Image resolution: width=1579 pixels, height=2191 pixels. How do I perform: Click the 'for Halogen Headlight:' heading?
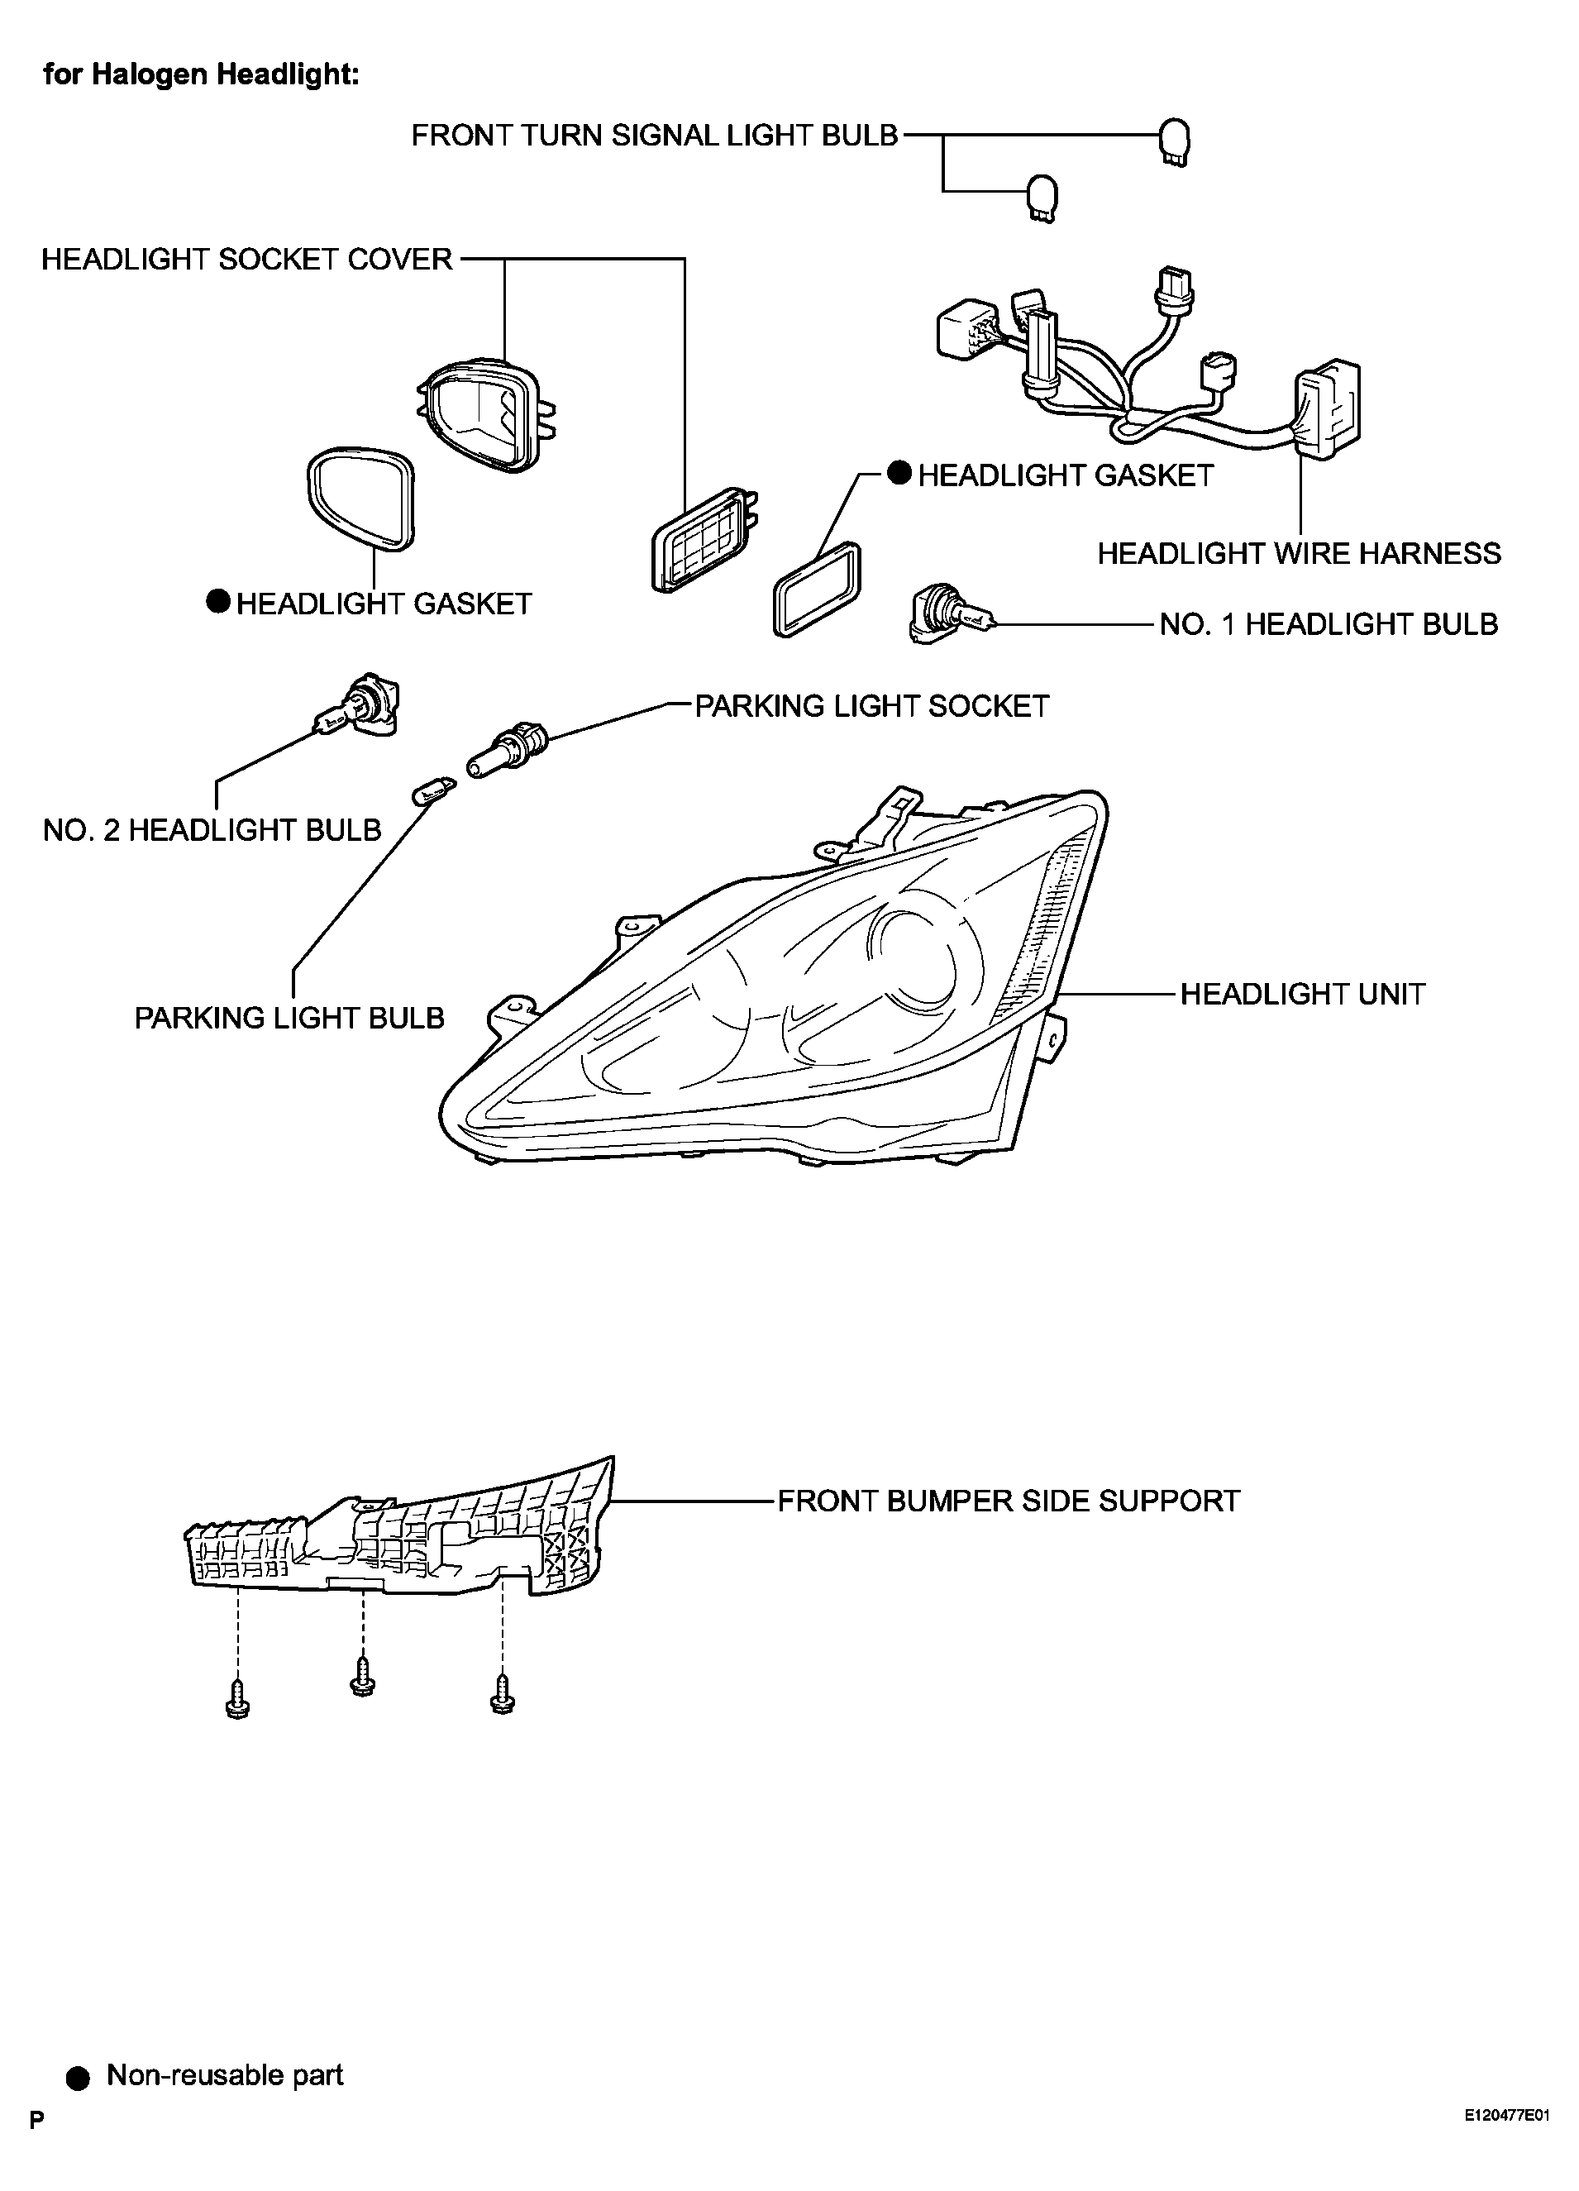click(x=201, y=74)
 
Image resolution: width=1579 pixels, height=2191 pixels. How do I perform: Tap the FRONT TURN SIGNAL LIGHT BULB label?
click(x=655, y=136)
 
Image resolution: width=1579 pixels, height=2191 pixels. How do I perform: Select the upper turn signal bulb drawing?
click(x=1175, y=143)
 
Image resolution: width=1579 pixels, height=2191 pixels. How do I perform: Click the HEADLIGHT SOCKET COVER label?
click(x=247, y=259)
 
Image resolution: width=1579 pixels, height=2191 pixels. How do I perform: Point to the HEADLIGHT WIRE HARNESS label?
click(x=1299, y=554)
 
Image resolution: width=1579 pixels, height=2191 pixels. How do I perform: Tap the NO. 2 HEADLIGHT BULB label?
click(x=212, y=830)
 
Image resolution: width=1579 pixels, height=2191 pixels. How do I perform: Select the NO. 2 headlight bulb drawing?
click(x=357, y=707)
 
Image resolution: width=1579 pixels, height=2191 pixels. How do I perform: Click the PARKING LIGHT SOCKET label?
click(x=872, y=706)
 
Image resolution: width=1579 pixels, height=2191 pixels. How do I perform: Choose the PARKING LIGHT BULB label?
click(x=289, y=1019)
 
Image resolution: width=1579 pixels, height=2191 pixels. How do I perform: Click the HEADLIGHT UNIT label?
click(x=1303, y=994)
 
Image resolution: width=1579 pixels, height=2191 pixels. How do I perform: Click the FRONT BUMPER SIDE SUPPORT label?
click(x=1009, y=1501)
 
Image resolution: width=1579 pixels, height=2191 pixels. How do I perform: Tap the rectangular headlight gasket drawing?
click(x=817, y=590)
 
